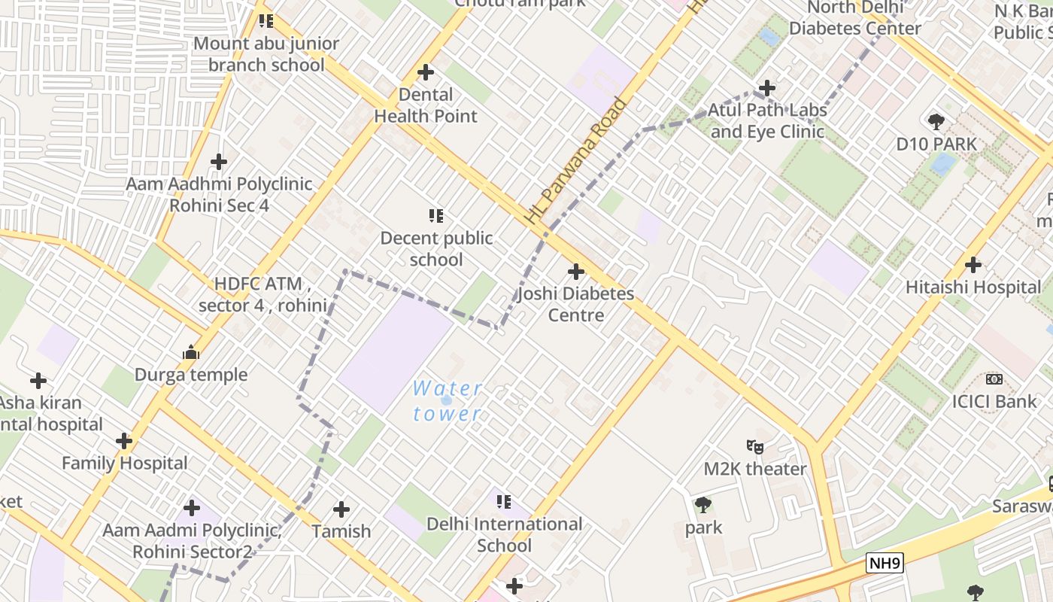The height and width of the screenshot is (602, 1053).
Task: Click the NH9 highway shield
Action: coord(884,562)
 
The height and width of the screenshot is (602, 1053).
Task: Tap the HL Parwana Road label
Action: coord(575,161)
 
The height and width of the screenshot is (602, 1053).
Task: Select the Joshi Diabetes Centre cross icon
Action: coord(576,272)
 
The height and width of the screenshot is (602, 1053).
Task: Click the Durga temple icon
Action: coord(190,352)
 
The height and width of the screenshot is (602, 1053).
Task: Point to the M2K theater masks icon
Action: coord(754,447)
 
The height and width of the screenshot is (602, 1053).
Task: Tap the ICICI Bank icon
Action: coord(994,379)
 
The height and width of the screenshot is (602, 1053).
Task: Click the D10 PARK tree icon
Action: coord(936,122)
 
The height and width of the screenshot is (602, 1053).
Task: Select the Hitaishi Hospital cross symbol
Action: coord(973,265)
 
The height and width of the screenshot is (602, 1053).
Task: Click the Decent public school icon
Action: coord(435,217)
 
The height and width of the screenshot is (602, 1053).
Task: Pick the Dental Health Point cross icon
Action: coord(426,72)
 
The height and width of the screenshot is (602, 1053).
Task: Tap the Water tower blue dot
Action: coord(446,400)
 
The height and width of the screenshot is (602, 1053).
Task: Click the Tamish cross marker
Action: coord(341,509)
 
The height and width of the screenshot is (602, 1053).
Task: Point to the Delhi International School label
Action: coord(504,534)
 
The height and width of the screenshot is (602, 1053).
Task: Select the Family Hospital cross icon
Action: coord(124,441)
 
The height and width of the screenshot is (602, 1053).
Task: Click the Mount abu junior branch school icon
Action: coord(266,21)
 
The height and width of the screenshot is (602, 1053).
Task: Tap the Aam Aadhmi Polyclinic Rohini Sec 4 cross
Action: coord(219,161)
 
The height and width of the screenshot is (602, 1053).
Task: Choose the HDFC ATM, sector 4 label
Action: coord(262,295)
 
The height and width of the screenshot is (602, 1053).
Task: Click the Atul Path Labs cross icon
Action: coord(767,88)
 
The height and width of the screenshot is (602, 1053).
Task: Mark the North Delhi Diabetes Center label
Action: coord(855,18)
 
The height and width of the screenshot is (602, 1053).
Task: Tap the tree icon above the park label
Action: coord(703,505)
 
